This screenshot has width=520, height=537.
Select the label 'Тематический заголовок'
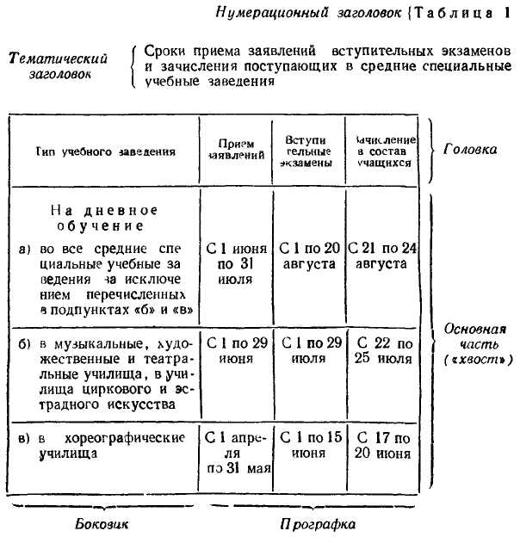pyautogui.click(x=58, y=65)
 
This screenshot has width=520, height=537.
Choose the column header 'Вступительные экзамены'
pyautogui.click(x=307, y=151)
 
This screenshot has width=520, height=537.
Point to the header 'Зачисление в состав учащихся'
pyautogui.click(x=381, y=151)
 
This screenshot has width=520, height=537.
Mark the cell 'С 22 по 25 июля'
pyautogui.click(x=383, y=350)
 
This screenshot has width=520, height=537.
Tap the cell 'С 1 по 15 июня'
pyautogui.click(x=307, y=445)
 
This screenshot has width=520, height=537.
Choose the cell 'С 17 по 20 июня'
pyautogui.click(x=383, y=445)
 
